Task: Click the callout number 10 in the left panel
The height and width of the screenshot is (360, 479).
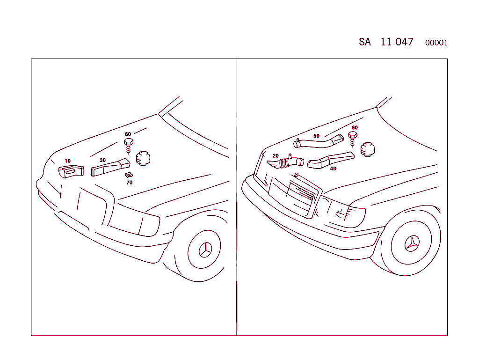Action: (x=67, y=161)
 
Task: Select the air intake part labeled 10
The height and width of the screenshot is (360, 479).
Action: (x=71, y=172)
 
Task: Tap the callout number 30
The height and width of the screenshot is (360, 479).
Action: (x=102, y=160)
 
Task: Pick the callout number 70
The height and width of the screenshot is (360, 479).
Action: (x=130, y=183)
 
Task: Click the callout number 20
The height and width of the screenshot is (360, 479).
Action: (x=276, y=156)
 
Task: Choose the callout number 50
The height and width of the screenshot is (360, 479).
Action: (x=316, y=136)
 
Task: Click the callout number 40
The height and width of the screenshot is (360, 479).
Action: (x=333, y=169)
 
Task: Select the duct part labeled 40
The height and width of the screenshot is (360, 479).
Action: (x=330, y=160)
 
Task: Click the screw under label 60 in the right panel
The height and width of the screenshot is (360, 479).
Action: (x=353, y=137)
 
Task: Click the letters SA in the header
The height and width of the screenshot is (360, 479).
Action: (x=365, y=42)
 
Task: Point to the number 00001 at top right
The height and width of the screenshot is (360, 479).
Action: (x=436, y=43)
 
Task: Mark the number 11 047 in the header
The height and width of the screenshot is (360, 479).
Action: (x=397, y=42)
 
